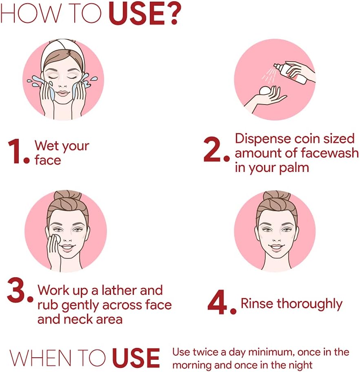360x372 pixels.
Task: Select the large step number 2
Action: pos(213,149)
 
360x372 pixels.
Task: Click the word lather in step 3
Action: pos(119,290)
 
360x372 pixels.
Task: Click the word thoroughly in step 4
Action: pos(310,305)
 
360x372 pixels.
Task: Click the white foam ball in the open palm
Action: pos(266,91)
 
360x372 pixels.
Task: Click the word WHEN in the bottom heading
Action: pos(40,358)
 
